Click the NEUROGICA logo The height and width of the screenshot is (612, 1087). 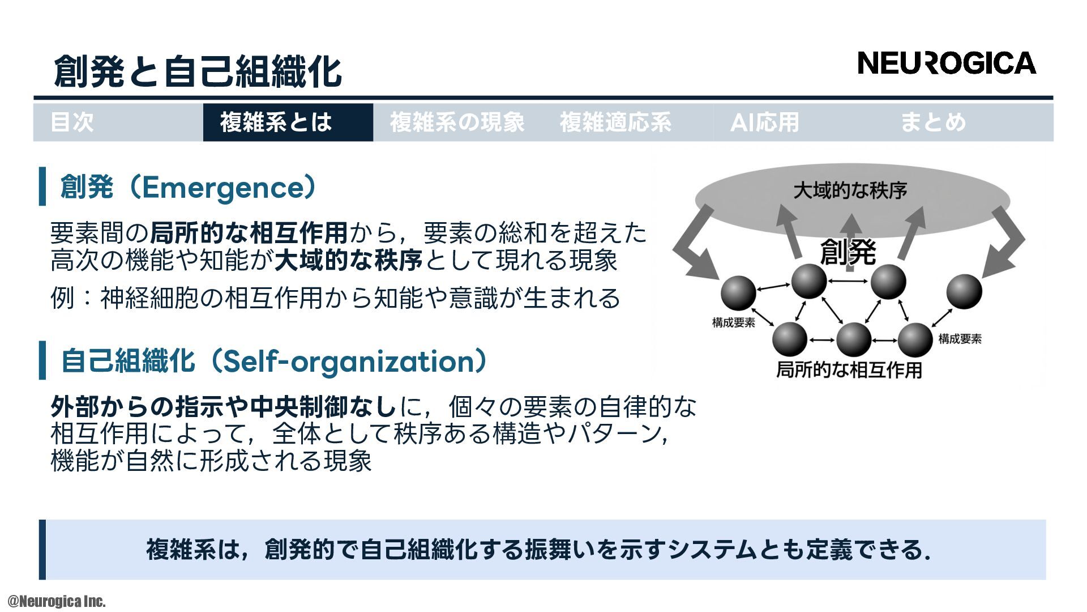[947, 63]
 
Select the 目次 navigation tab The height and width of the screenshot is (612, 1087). [72, 122]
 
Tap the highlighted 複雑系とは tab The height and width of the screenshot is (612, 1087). [276, 122]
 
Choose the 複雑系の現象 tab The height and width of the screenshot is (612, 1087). [457, 122]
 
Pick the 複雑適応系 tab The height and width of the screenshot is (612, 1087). [615, 122]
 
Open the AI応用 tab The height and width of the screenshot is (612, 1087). [764, 122]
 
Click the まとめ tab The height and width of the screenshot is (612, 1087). [933, 122]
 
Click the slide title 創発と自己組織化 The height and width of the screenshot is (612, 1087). [198, 71]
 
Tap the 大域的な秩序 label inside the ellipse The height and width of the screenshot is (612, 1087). [850, 190]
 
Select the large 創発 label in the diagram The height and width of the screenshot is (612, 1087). [848, 252]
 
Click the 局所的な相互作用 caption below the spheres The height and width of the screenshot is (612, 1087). [849, 370]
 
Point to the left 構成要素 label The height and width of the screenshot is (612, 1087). [733, 323]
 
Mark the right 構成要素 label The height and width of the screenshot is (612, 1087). [960, 339]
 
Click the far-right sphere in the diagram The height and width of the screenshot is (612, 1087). [964, 291]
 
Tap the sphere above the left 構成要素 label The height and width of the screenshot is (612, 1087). [738, 293]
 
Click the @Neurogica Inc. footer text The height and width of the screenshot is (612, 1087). [57, 601]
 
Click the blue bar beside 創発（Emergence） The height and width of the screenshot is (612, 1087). [42, 186]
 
